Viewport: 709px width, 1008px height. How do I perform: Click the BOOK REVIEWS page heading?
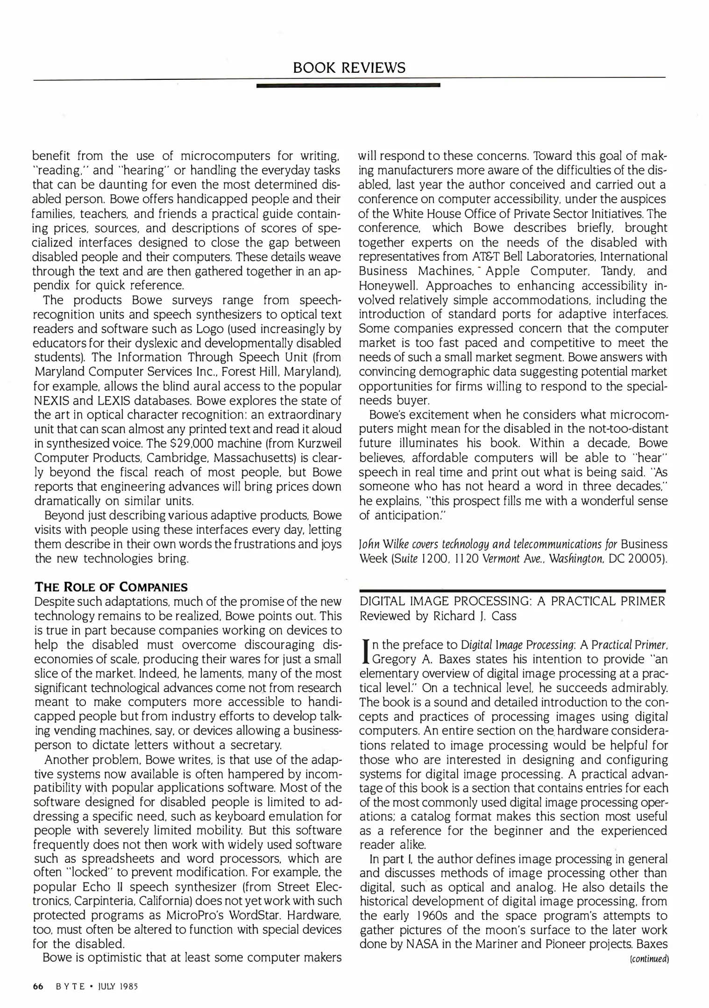(349, 68)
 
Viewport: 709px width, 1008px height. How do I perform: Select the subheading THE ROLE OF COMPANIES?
(111, 587)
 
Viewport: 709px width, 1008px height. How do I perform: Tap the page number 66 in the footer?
(38, 986)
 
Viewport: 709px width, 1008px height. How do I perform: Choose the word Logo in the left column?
(209, 329)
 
